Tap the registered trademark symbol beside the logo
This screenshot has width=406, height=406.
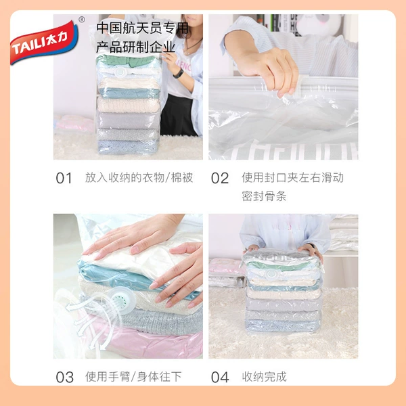pyautogui.click(x=82, y=20)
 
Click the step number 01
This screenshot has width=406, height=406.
pyautogui.click(x=64, y=179)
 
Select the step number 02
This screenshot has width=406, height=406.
pyautogui.click(x=220, y=179)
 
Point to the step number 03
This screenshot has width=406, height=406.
pyautogui.click(x=65, y=378)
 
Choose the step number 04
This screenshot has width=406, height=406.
pyautogui.click(x=220, y=378)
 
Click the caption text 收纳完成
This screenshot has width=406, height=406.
pyautogui.click(x=265, y=377)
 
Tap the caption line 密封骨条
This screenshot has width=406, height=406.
pyautogui.click(x=264, y=196)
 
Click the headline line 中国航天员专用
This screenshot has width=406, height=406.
pyautogui.click(x=142, y=28)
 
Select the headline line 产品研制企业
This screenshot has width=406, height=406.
pyautogui.click(x=136, y=47)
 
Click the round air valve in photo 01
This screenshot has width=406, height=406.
pyautogui.click(x=121, y=72)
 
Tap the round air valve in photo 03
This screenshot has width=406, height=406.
pyautogui.click(x=122, y=300)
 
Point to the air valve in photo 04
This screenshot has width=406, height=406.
pyautogui.click(x=271, y=275)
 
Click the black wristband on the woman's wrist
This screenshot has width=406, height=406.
pyautogui.click(x=179, y=73)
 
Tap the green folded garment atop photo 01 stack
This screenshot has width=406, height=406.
pyautogui.click(x=127, y=61)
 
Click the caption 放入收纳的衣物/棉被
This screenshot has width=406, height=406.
pyautogui.click(x=139, y=178)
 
